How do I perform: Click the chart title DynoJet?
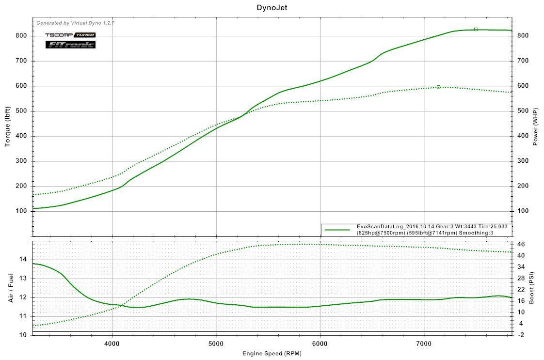[272, 7]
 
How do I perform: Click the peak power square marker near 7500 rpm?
[476, 30]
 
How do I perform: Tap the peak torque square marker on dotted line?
[438, 87]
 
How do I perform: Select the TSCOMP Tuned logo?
[70, 35]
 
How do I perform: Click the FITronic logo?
[70, 45]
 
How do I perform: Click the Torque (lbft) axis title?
[8, 125]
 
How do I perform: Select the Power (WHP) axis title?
[536, 126]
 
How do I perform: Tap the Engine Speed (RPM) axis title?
[272, 353]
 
